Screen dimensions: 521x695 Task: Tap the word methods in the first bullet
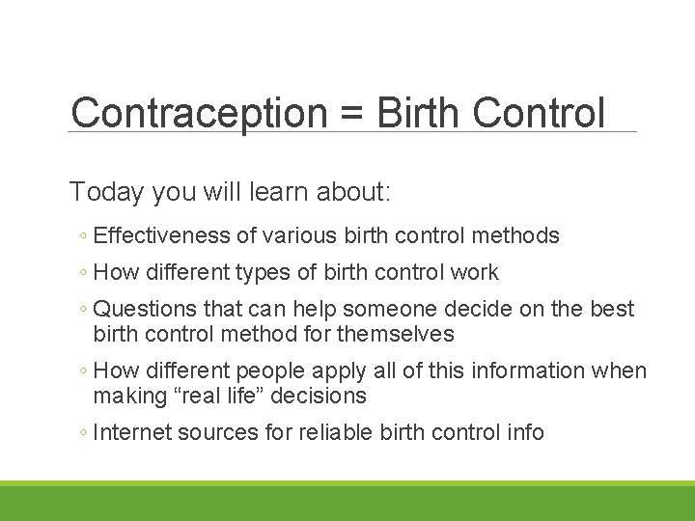[515, 235]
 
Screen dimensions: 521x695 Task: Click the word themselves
[397, 334]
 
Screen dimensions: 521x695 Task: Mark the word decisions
[320, 396]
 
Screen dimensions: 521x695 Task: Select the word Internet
[133, 433]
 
